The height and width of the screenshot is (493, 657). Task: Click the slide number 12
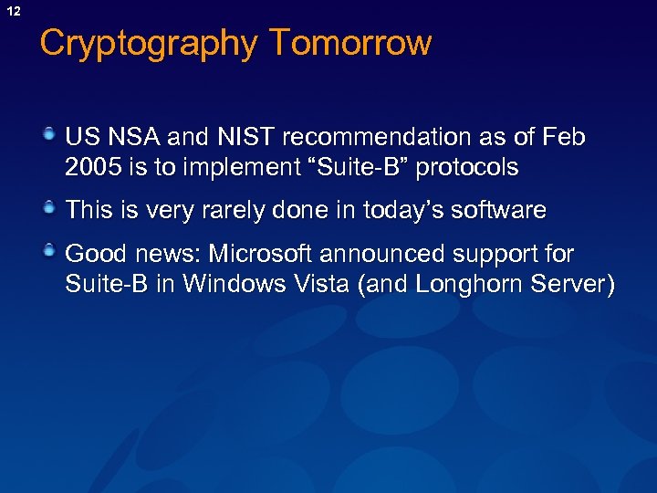pyautogui.click(x=13, y=12)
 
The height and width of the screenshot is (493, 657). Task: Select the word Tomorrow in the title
pyautogui.click(x=349, y=43)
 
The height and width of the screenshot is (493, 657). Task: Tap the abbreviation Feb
pyautogui.click(x=562, y=138)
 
